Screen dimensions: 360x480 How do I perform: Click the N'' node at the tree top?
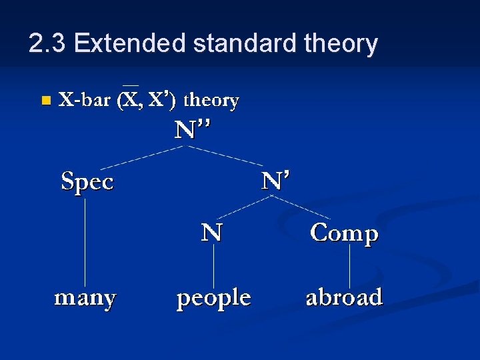tap(193, 130)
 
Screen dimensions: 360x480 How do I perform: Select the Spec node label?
tap(87, 181)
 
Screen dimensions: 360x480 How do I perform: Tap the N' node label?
tap(275, 181)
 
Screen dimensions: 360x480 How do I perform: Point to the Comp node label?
tap(345, 233)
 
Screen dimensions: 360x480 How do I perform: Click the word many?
tap(85, 297)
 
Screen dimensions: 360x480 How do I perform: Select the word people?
tap(213, 298)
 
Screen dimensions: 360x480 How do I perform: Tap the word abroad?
tap(344, 297)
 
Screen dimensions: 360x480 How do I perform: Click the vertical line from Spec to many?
tap(85, 240)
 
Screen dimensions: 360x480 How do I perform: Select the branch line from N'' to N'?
tap(227, 155)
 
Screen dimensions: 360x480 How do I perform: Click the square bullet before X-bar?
tap(45, 101)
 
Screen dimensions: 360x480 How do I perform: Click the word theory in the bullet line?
tap(211, 101)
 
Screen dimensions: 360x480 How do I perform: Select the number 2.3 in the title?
tap(47, 44)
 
